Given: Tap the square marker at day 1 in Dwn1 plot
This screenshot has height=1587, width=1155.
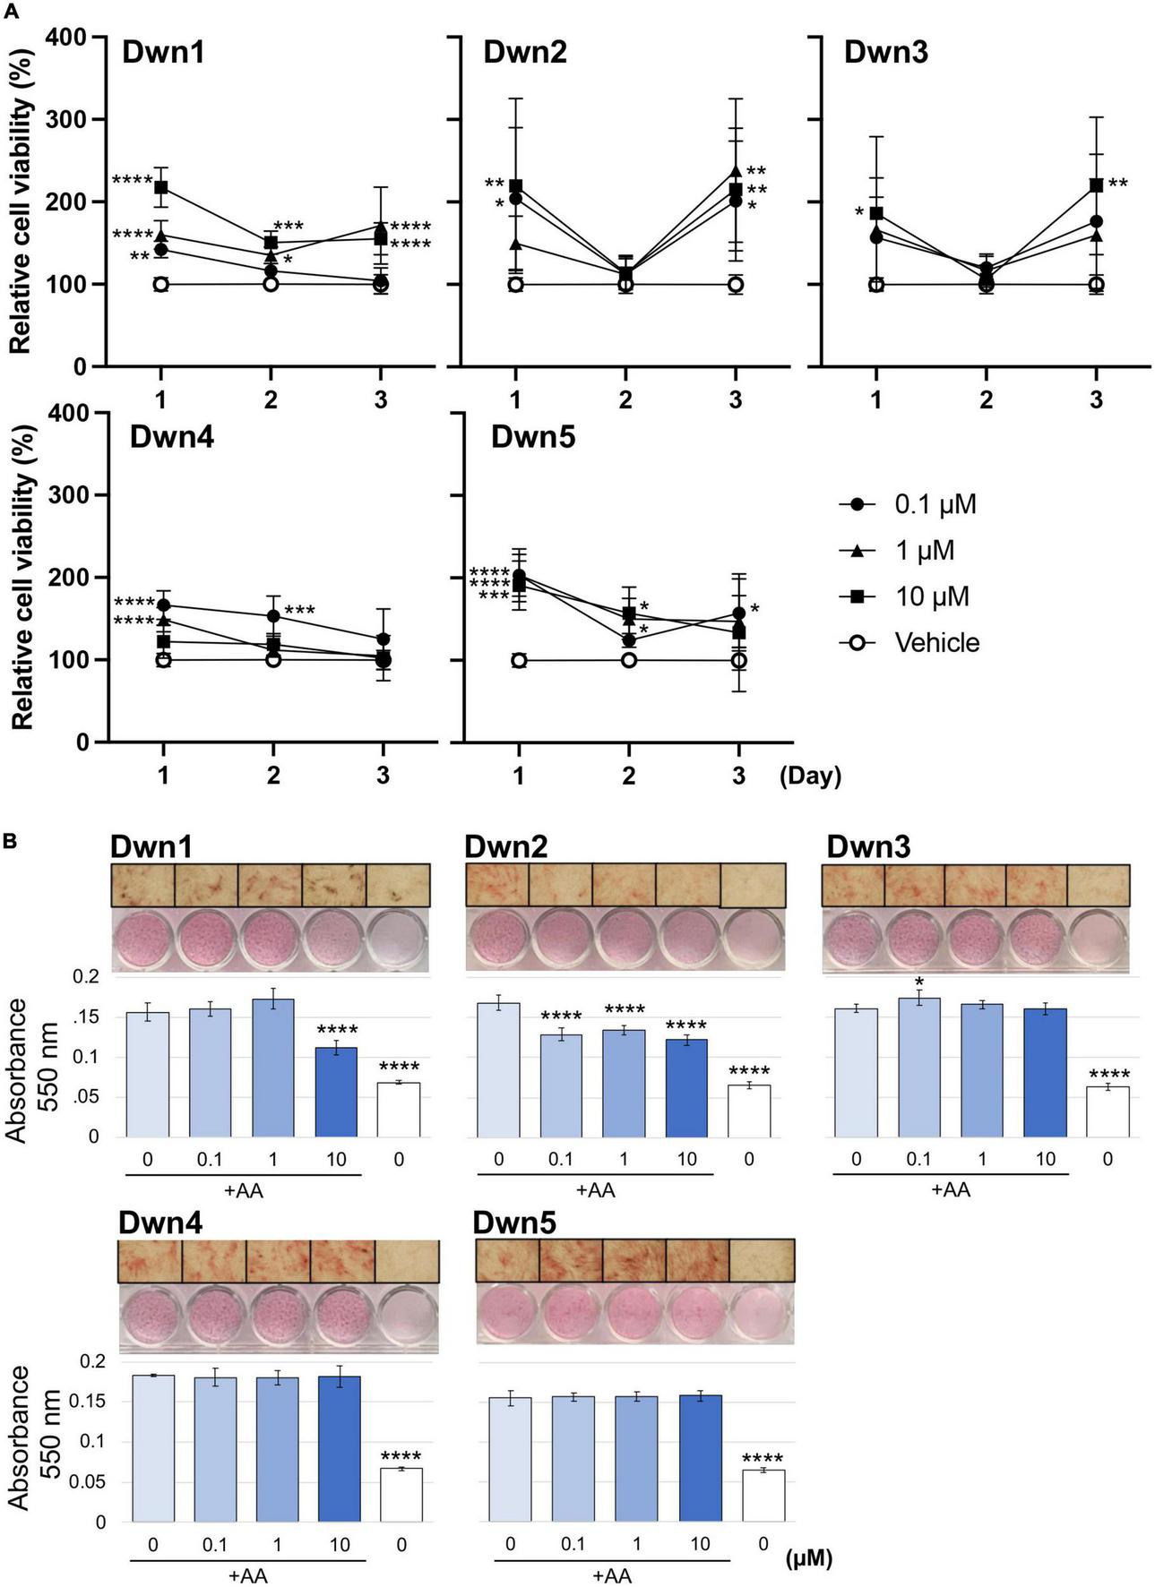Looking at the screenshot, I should [x=161, y=187].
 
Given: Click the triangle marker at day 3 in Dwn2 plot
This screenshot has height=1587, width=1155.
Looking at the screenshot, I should [x=736, y=172].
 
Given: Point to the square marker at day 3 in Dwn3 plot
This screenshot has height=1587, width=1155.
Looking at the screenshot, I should [x=1096, y=185].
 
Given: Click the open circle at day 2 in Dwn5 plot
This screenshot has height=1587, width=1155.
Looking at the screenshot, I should [x=628, y=660].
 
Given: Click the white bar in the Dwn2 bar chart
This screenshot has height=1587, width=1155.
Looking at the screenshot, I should [x=748, y=1111].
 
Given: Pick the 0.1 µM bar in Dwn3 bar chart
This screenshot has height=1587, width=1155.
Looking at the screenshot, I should [x=919, y=1068].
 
